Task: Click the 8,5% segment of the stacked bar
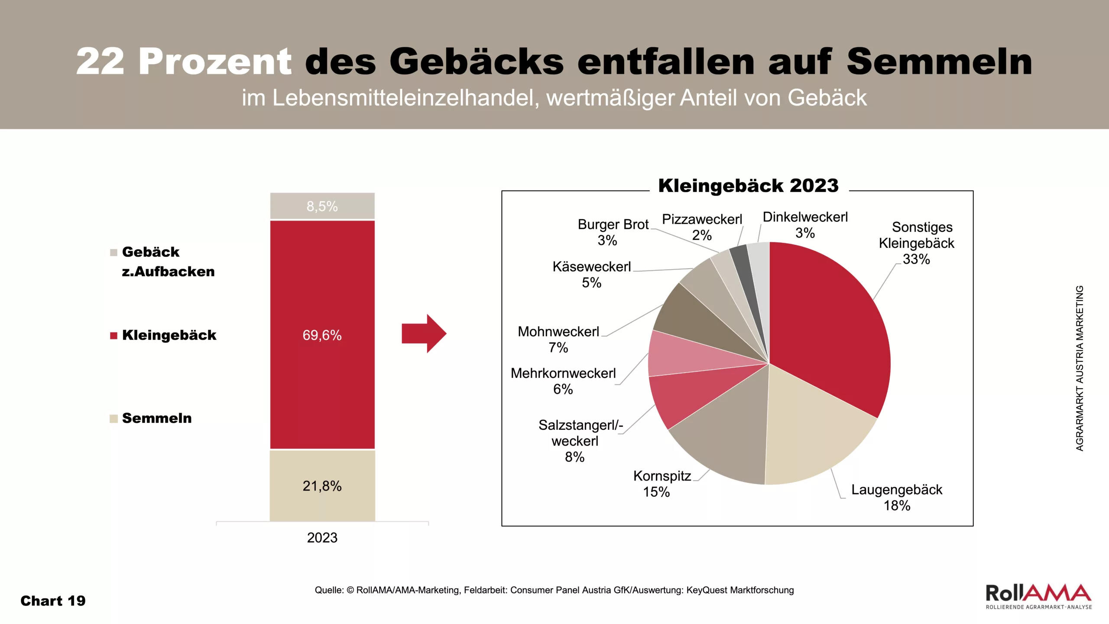pos(322,206)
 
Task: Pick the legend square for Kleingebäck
pos(114,335)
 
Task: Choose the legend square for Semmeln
pos(114,419)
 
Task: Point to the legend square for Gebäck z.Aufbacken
pos(114,253)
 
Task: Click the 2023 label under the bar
pos(322,538)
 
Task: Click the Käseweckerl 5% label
pos(592,275)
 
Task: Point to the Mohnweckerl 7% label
pos(558,339)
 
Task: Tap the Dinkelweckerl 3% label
pos(805,225)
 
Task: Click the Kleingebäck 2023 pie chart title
pos(748,186)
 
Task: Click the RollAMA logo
pos(1038,596)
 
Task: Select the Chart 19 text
pos(53,601)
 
